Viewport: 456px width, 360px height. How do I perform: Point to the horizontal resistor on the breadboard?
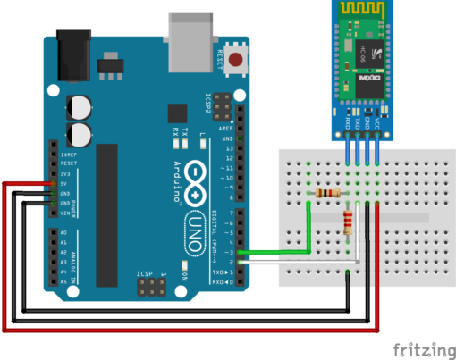click(327, 194)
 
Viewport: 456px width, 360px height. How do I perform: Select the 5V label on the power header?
click(64, 182)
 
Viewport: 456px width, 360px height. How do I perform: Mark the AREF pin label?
click(229, 129)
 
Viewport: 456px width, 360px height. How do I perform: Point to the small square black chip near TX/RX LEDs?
click(176, 112)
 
